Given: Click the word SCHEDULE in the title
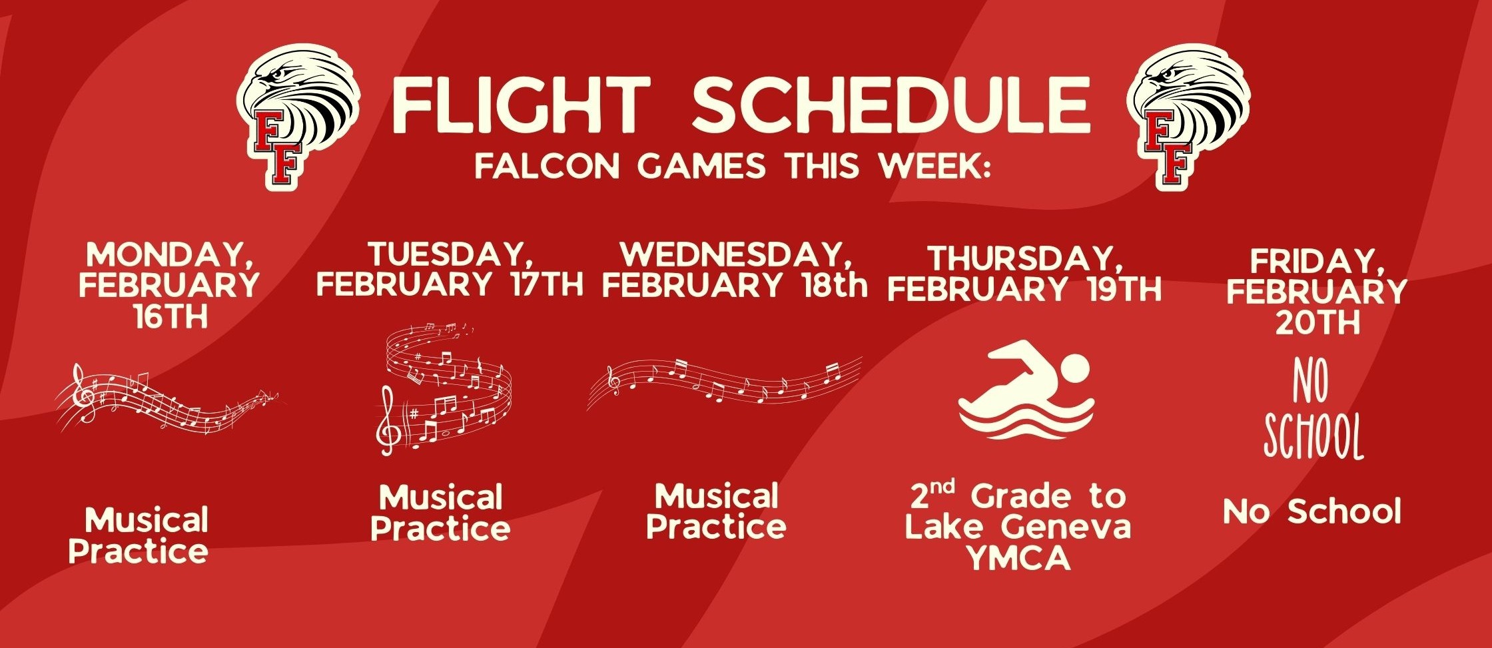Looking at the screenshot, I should [x=891, y=105].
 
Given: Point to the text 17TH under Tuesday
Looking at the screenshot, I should [x=548, y=284].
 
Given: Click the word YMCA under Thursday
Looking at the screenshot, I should [x=1018, y=558].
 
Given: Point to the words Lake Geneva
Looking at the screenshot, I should [x=1018, y=527].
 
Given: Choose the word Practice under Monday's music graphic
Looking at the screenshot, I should [x=139, y=551].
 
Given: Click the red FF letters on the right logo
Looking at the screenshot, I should [x=1169, y=150].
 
